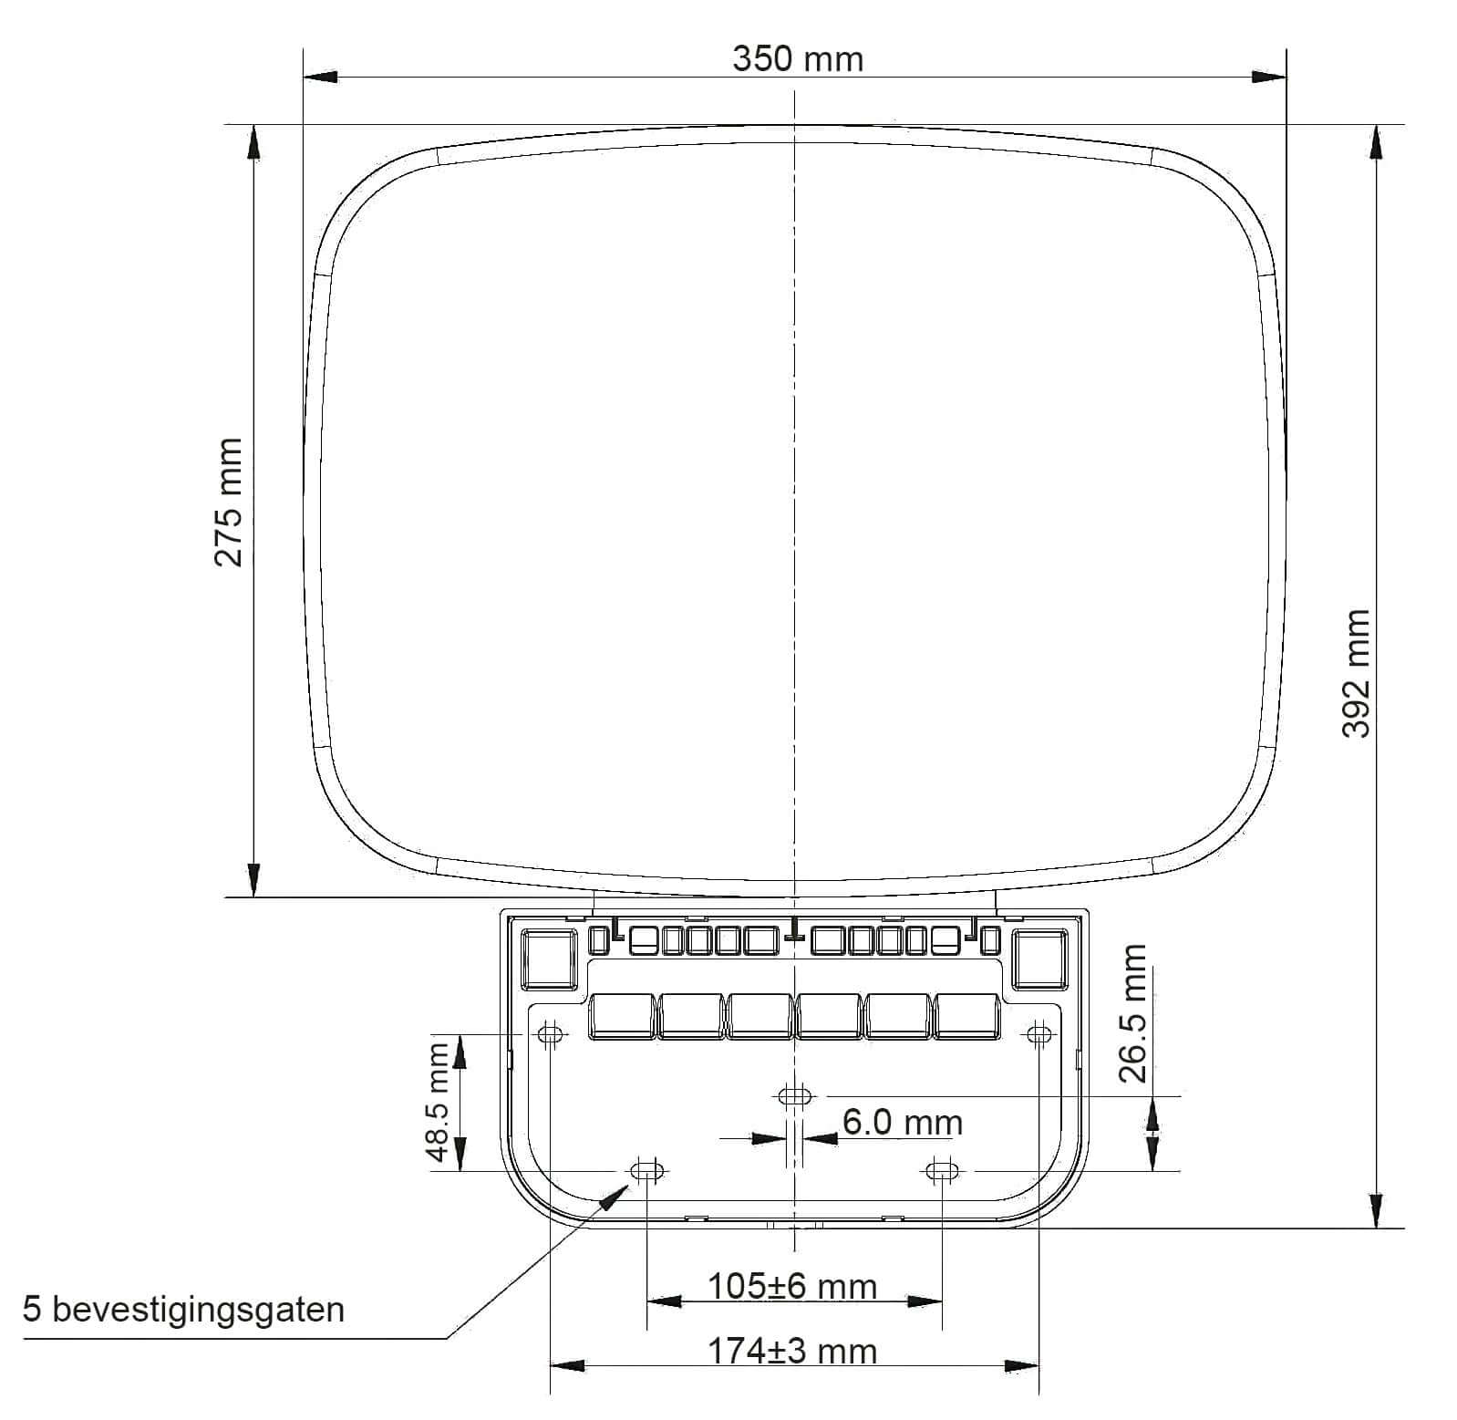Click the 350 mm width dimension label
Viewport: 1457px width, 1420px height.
(x=798, y=59)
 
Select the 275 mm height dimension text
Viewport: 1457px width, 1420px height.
(x=228, y=503)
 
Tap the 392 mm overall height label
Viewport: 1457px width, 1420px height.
(x=1357, y=674)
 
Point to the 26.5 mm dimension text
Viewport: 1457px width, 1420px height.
(x=1133, y=1013)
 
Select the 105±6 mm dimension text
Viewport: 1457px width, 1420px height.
(x=793, y=1286)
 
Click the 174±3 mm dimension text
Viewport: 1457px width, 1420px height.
(x=793, y=1351)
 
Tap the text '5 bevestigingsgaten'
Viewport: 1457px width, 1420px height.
(x=184, y=1310)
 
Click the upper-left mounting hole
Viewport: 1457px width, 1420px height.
(x=550, y=1034)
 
